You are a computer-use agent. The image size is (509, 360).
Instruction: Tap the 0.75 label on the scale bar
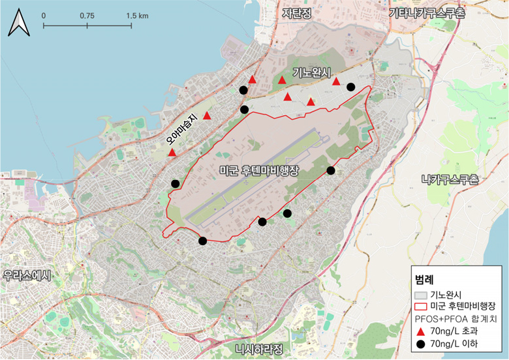[87, 14]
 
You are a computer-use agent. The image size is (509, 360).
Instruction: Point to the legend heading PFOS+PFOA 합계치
[457, 319]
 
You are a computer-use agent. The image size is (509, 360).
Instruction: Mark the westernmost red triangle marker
[172, 153]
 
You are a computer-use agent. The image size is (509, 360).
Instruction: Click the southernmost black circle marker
[202, 241]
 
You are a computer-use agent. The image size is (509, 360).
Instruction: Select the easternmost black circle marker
[350, 87]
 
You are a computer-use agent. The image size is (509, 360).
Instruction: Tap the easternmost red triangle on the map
[336, 82]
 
